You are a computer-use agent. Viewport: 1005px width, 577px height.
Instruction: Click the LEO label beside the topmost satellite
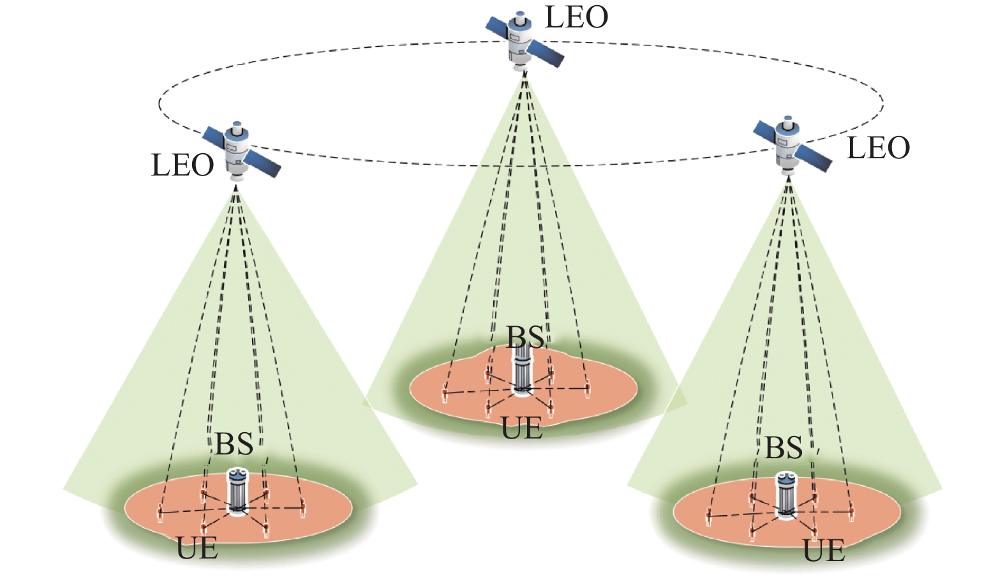click(x=576, y=17)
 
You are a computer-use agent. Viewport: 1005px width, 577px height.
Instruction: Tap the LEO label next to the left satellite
click(x=182, y=165)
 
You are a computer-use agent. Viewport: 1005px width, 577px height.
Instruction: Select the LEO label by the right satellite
click(x=878, y=148)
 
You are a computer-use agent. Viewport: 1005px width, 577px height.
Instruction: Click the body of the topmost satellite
click(x=521, y=40)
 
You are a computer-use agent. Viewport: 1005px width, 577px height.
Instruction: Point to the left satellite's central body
click(x=237, y=149)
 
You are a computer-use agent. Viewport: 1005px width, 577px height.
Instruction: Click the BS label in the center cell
click(x=526, y=337)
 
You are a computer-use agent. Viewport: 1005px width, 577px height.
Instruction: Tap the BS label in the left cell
click(x=234, y=444)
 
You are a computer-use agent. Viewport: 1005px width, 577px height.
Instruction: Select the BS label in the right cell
click(x=784, y=448)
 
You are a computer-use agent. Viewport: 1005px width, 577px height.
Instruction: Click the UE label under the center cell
click(x=522, y=428)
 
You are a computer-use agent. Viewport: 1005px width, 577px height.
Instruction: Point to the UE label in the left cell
click(x=197, y=548)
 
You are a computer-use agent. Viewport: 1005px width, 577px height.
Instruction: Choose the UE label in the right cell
click(x=824, y=551)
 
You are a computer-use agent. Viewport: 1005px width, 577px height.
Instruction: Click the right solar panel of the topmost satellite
click(x=546, y=54)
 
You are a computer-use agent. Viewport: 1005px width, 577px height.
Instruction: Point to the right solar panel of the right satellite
click(x=814, y=157)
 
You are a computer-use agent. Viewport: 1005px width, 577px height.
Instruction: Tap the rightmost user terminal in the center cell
click(x=588, y=389)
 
